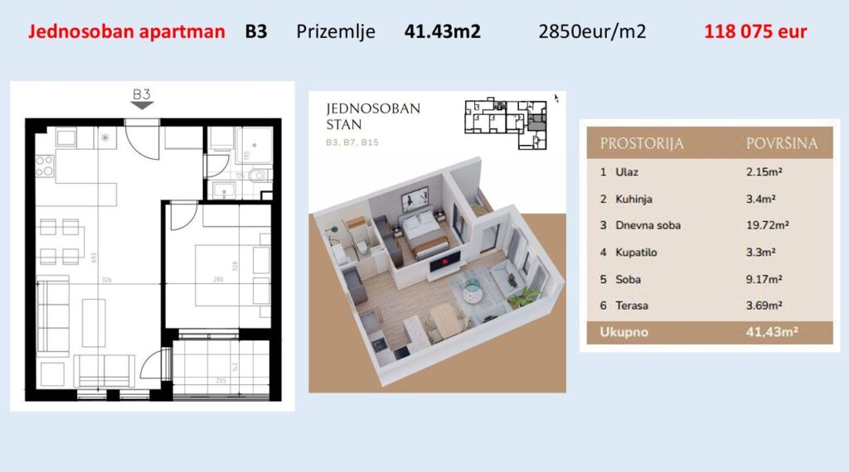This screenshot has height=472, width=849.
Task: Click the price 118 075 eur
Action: (754, 32)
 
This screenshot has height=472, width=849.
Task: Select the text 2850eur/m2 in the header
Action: (592, 32)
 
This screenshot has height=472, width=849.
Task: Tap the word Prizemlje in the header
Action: (336, 32)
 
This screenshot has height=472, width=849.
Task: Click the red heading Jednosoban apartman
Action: (127, 32)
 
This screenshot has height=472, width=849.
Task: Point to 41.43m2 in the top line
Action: (442, 32)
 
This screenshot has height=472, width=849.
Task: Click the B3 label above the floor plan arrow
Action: (142, 93)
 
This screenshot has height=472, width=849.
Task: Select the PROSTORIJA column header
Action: (642, 143)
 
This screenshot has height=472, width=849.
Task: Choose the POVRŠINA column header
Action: (781, 143)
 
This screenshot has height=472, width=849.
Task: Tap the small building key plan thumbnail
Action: (506, 123)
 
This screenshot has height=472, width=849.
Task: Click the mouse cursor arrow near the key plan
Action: (557, 98)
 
